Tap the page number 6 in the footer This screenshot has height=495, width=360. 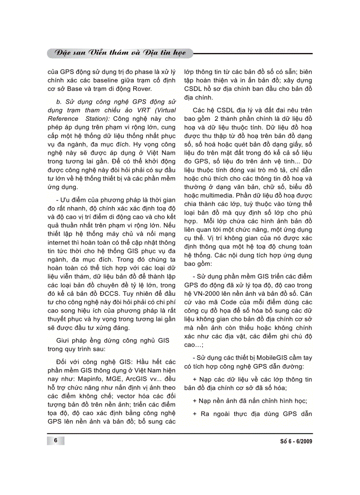56,441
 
